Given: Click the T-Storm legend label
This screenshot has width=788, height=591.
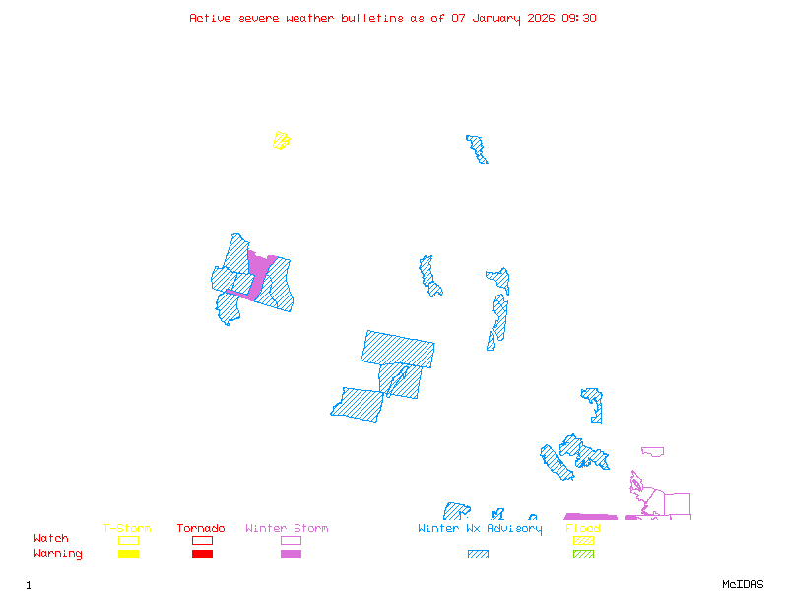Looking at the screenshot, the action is (x=127, y=529).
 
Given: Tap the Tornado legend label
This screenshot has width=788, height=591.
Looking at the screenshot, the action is (x=201, y=529).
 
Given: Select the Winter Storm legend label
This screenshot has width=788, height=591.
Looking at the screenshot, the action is (x=287, y=529).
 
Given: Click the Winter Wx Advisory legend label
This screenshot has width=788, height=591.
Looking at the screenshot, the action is (x=480, y=529).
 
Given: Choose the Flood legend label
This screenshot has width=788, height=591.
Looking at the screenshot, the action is (x=583, y=529).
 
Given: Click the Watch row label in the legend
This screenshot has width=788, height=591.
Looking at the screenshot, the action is (x=51, y=539).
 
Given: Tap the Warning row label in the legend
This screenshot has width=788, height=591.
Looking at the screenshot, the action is (x=57, y=554).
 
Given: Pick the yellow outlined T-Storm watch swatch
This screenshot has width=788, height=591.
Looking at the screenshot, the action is (x=128, y=540).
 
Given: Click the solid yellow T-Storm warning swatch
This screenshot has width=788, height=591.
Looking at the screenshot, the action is (x=128, y=554).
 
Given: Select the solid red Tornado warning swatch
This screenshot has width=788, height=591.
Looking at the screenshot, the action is (x=202, y=554).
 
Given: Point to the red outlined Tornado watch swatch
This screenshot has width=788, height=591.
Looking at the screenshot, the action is (x=202, y=540).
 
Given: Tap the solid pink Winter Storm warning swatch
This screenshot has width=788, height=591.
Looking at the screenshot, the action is (x=291, y=554).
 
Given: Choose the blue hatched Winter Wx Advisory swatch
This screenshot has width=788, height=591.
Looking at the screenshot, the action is (x=478, y=554).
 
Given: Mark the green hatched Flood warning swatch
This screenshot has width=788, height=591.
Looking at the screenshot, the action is (x=583, y=554).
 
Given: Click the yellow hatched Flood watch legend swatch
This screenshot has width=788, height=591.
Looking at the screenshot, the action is (x=583, y=540).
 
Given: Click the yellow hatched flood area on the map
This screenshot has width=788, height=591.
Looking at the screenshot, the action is (x=282, y=140).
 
